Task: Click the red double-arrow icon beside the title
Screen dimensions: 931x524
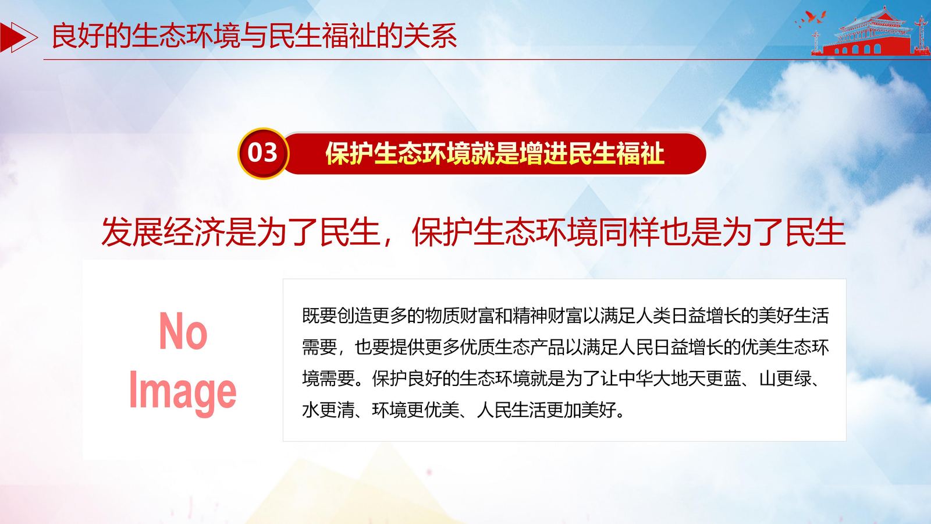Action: (19, 37)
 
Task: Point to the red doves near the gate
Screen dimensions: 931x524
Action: (811, 19)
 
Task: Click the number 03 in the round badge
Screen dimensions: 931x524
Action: (262, 153)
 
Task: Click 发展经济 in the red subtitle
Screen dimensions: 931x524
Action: (164, 232)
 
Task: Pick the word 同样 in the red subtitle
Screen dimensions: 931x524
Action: (628, 232)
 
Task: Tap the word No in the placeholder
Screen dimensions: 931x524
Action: (183, 331)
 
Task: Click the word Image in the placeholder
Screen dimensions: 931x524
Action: (183, 392)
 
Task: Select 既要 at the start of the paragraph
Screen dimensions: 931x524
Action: (319, 316)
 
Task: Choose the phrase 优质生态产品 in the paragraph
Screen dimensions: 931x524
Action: (513, 347)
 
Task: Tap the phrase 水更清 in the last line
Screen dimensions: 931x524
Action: (328, 410)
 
